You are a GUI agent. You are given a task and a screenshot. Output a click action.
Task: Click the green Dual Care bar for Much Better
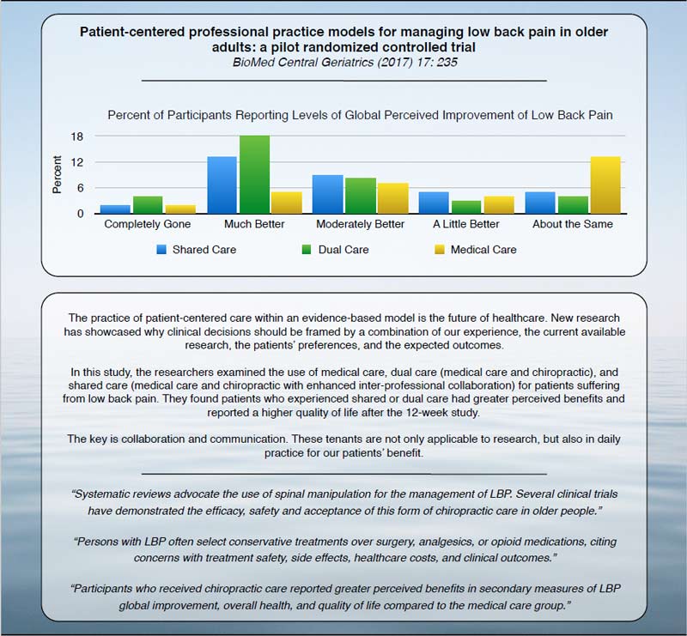pyautogui.click(x=255, y=175)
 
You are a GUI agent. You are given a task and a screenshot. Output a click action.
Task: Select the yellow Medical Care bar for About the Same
pyautogui.click(x=605, y=185)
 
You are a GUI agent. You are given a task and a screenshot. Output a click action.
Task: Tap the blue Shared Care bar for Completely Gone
pyautogui.click(x=115, y=209)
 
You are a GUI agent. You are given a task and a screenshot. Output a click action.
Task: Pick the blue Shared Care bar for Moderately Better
pyautogui.click(x=327, y=194)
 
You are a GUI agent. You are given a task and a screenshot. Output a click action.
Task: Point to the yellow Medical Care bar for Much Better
pyautogui.click(x=286, y=203)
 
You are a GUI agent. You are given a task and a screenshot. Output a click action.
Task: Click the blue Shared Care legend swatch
pyautogui.click(x=161, y=250)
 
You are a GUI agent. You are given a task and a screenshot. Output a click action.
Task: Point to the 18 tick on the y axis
pyautogui.click(x=76, y=136)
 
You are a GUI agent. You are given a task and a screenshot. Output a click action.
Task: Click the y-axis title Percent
pyautogui.click(x=58, y=174)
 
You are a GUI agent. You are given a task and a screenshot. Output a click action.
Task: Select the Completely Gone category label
pyautogui.click(x=147, y=225)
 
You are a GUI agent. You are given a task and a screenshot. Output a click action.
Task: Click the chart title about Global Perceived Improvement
pyautogui.click(x=360, y=115)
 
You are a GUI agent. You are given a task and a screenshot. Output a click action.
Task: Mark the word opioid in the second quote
pyautogui.click(x=446, y=542)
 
